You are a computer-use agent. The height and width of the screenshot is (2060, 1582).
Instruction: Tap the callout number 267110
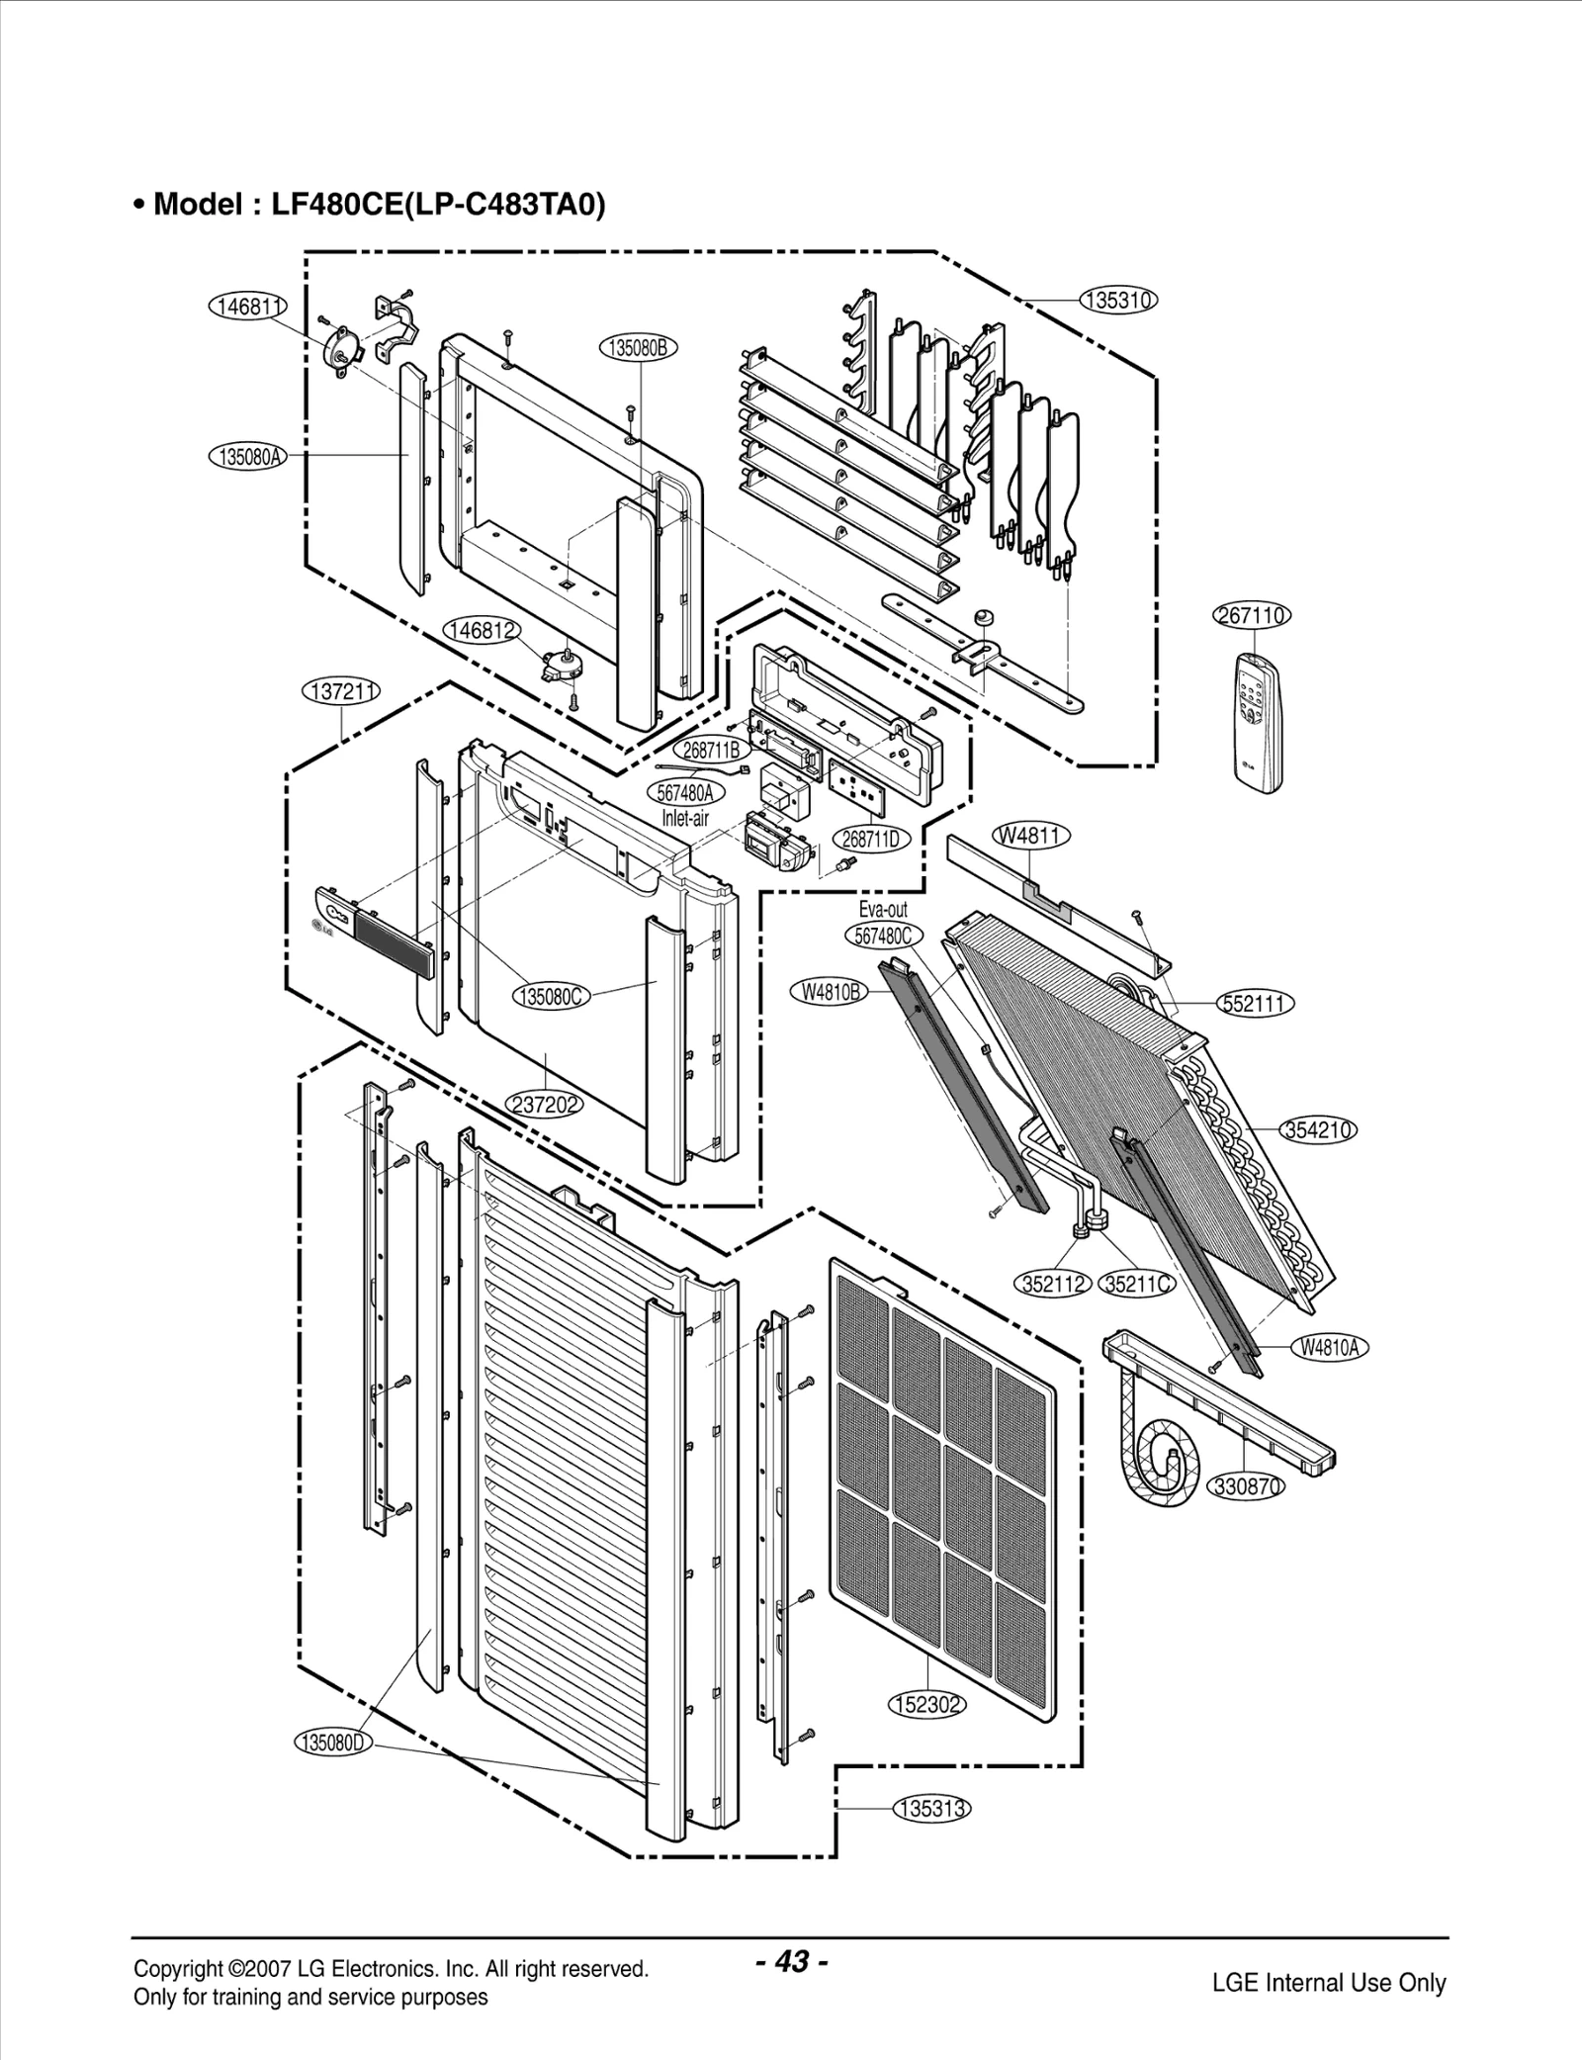point(1251,615)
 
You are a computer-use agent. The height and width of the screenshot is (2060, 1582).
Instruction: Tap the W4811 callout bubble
point(1030,836)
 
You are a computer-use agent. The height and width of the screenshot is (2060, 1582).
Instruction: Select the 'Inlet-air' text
point(685,818)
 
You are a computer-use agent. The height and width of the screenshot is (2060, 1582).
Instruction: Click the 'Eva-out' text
point(883,909)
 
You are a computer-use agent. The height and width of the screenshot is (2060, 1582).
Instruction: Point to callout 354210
point(1319,1129)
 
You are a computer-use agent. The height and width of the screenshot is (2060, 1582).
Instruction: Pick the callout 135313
point(932,1809)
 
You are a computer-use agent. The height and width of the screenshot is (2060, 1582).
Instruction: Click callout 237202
point(544,1104)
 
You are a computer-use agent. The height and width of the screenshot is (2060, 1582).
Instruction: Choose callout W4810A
point(1329,1347)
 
